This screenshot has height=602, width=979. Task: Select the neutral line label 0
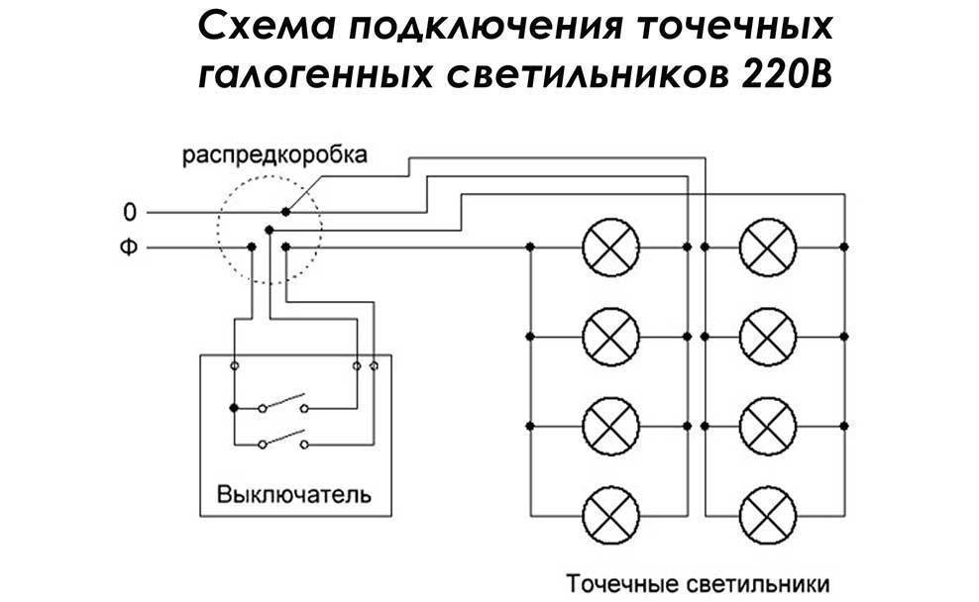tap(128, 212)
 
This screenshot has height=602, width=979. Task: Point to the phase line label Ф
tap(128, 246)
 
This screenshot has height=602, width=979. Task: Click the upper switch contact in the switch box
tap(283, 404)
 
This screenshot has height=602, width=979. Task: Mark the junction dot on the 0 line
tap(285, 212)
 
